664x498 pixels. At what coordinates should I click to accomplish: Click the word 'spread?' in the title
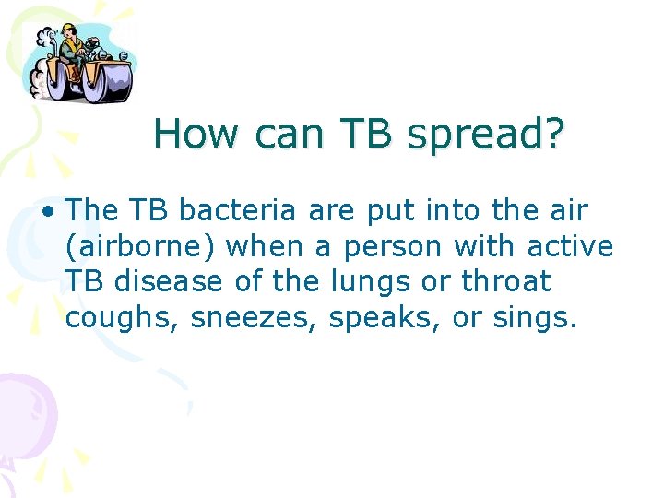[485, 135]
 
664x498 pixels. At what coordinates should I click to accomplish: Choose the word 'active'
[569, 246]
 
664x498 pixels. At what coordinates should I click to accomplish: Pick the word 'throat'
[505, 281]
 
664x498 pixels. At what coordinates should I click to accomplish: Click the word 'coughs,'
[123, 318]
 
